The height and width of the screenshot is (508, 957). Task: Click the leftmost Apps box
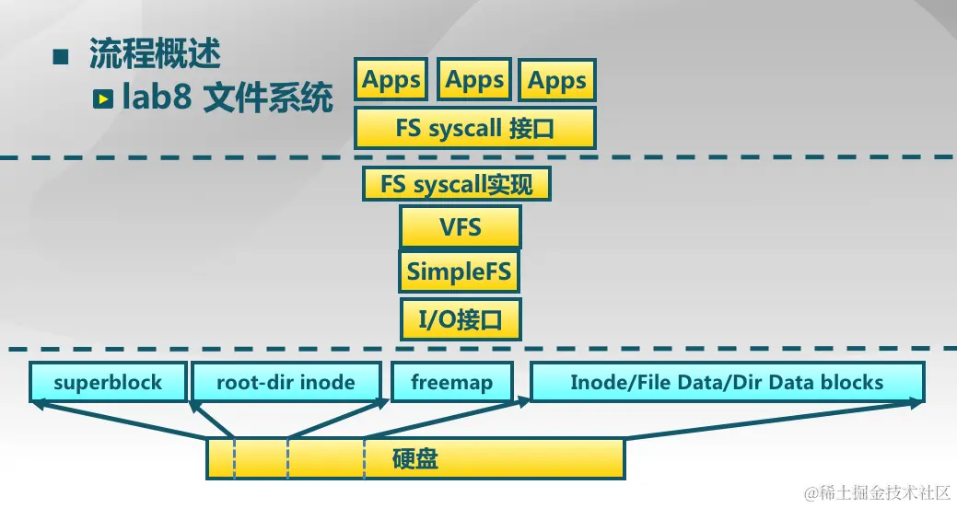(391, 80)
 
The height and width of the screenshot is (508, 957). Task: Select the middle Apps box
(474, 80)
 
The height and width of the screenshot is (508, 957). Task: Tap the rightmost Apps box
(557, 81)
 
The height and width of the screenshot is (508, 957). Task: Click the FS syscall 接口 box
(475, 128)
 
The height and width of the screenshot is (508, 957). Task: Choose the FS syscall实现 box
(457, 184)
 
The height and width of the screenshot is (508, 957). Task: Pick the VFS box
(460, 226)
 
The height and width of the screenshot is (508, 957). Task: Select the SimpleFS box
(460, 272)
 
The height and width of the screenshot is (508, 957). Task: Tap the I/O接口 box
(460, 320)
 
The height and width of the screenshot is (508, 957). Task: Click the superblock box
(107, 382)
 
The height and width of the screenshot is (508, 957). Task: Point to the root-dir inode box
(286, 382)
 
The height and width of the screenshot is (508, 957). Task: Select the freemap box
(451, 382)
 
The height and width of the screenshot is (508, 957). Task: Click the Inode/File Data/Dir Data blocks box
(727, 382)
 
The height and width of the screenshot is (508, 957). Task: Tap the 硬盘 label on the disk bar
(415, 458)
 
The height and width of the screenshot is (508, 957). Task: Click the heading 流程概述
(155, 54)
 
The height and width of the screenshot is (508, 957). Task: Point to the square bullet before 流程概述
(62, 56)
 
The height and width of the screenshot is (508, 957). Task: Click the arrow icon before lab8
(104, 98)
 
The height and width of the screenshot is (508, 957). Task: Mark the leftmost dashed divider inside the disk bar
(234, 458)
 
